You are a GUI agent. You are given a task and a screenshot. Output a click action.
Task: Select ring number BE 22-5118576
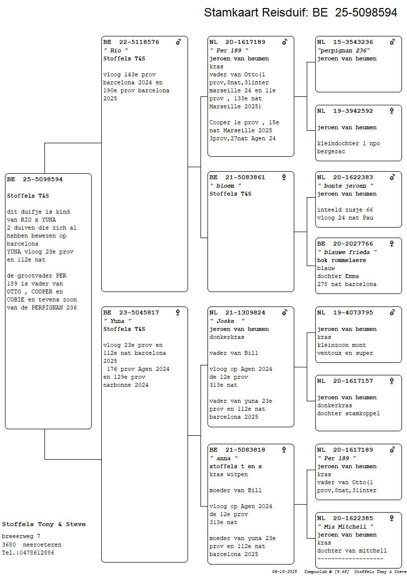pyautogui.click(x=131, y=42)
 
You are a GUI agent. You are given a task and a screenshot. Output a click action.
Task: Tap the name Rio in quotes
pyautogui.click(x=116, y=50)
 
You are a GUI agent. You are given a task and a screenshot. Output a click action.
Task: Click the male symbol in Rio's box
pyautogui.click(x=179, y=42)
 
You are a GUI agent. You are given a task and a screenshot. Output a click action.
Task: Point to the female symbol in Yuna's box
pyautogui.click(x=178, y=313)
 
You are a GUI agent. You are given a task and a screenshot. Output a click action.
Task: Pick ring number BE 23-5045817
pyautogui.click(x=131, y=313)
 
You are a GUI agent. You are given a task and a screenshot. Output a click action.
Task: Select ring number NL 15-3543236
pyautogui.click(x=345, y=42)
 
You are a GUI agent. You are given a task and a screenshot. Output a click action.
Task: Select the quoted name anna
pyautogui.click(x=223, y=458)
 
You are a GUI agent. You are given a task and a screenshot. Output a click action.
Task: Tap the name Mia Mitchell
pyautogui.click(x=346, y=527)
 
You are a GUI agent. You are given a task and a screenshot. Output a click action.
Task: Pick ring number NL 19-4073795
pyautogui.click(x=345, y=313)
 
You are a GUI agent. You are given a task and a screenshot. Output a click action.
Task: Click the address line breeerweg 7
pyautogui.click(x=21, y=536)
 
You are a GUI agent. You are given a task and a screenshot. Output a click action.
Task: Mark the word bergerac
pyautogui.click(x=331, y=152)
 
